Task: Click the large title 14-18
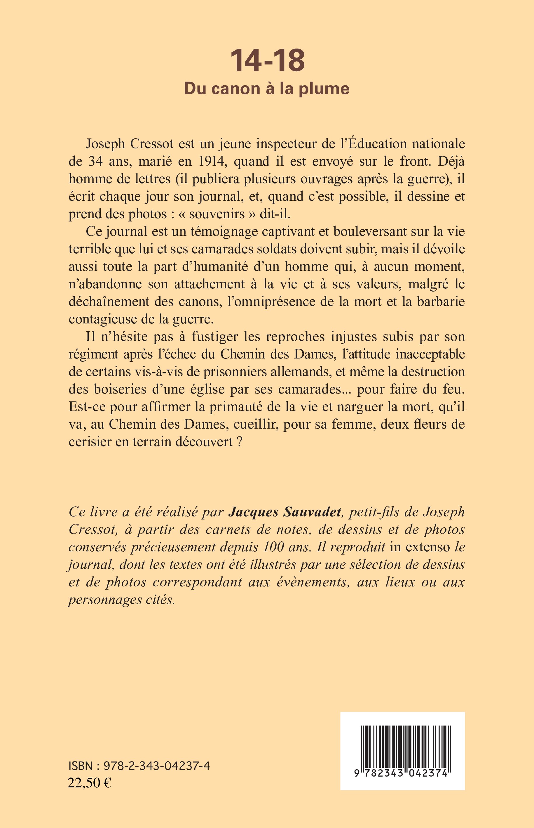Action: (267, 61)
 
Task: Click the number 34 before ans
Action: (96, 161)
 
